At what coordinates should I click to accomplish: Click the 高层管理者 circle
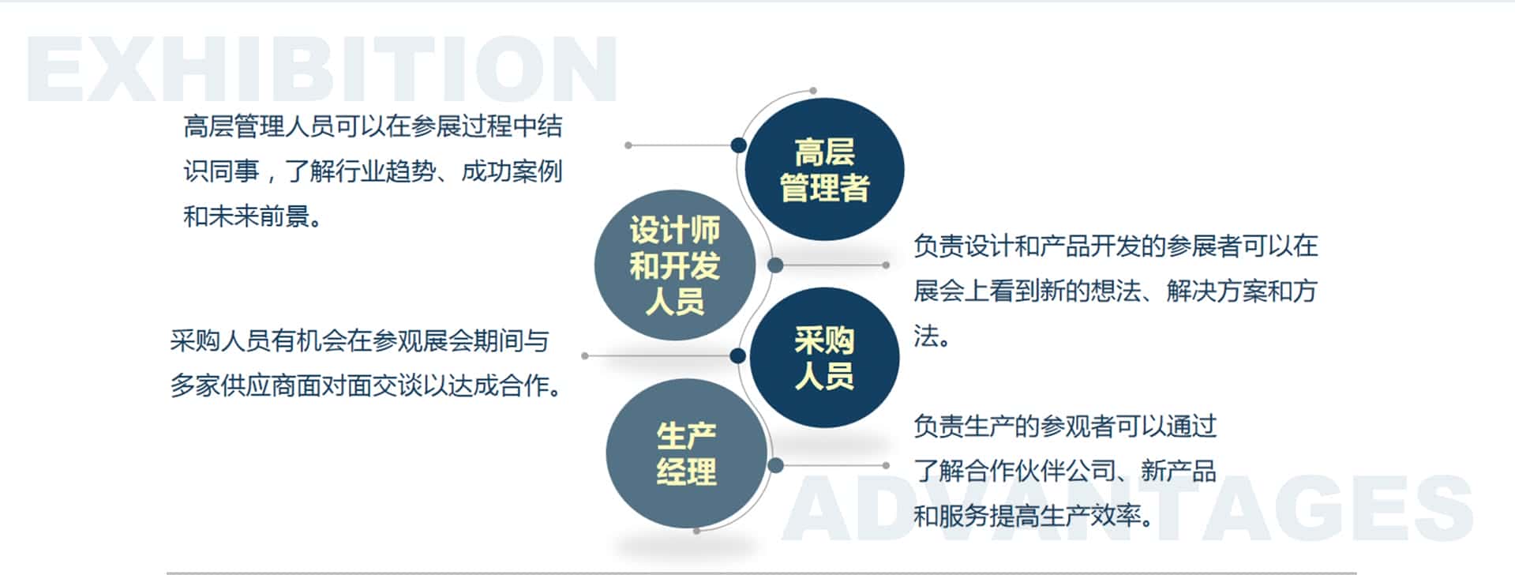point(824,169)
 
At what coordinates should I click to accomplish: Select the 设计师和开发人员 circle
point(675,265)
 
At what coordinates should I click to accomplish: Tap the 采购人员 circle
point(824,358)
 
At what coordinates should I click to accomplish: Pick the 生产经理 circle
point(686,453)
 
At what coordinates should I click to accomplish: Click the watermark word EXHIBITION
point(322,70)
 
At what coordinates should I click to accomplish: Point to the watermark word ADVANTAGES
point(1128,508)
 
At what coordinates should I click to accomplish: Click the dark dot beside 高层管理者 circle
point(739,145)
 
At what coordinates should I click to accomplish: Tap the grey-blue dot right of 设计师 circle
point(775,265)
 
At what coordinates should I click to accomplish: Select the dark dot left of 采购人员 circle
point(738,356)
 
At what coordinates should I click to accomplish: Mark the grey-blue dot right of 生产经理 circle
point(775,465)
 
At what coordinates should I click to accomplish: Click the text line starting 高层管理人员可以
point(373,126)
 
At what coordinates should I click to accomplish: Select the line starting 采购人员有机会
point(360,341)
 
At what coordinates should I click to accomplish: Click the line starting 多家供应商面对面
point(366,385)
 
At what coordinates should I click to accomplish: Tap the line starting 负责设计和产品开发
point(1116,246)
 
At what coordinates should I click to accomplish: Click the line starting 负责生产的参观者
point(1065,427)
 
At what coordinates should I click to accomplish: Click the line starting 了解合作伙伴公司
point(1065,472)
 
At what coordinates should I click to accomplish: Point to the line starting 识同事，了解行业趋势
point(373,171)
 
